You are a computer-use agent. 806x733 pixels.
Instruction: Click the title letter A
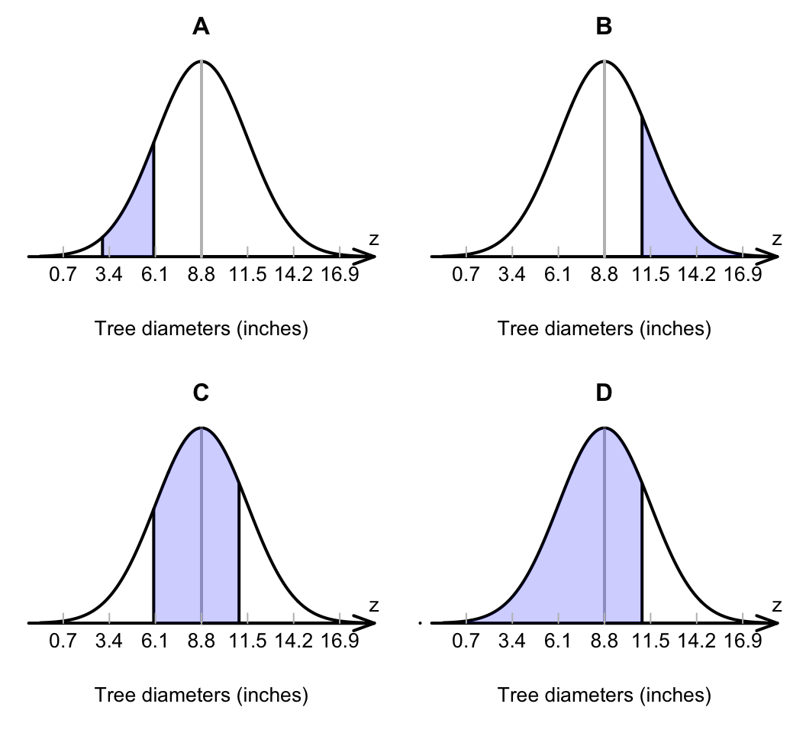coord(201,27)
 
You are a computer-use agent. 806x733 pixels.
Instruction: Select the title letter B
coord(604,27)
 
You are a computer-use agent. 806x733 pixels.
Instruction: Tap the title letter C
coord(201,393)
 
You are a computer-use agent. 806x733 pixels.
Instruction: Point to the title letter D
coord(604,393)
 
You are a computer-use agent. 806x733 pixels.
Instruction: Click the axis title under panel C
coord(201,696)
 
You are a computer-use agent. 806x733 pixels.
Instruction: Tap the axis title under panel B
coord(604,330)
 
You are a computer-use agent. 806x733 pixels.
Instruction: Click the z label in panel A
coord(373,240)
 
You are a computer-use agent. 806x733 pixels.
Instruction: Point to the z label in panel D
coord(776,606)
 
